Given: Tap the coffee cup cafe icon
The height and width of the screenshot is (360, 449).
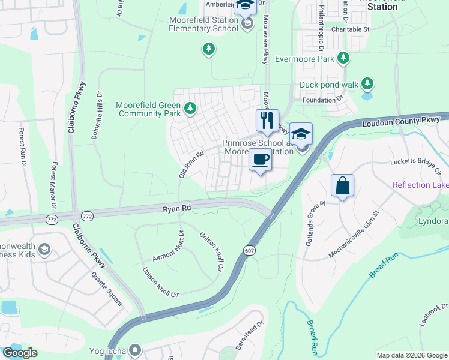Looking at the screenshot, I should (x=260, y=160).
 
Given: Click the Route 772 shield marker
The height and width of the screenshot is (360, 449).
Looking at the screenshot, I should (x=88, y=215).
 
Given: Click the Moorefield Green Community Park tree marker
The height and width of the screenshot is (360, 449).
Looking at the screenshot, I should (x=190, y=109).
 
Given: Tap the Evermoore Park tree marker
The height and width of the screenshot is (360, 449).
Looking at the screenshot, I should (x=343, y=58).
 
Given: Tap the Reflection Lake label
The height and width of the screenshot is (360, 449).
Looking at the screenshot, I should (x=420, y=185).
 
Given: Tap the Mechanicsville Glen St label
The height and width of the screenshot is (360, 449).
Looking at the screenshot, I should (x=355, y=235).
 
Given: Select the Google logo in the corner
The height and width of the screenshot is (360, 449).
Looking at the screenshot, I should (x=20, y=353).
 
